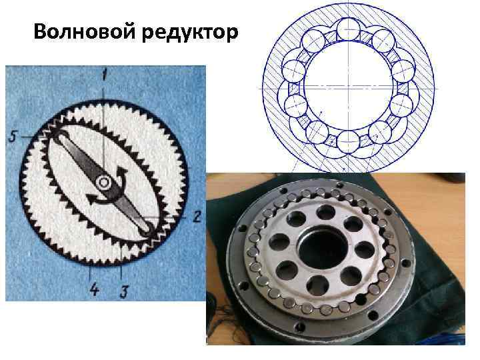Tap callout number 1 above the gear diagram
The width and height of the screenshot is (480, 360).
105,75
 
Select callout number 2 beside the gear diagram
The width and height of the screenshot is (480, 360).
196,217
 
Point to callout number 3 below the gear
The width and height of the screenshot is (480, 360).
124,292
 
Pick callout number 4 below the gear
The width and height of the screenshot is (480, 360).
94,289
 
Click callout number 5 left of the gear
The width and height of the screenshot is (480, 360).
12,137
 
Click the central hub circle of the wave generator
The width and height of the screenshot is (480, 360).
103,183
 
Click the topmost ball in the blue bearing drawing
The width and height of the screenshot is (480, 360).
349,29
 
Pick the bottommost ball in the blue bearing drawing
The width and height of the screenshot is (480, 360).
349,143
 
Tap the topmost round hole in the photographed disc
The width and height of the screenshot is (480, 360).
325,213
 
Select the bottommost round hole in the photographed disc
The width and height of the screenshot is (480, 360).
317,285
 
